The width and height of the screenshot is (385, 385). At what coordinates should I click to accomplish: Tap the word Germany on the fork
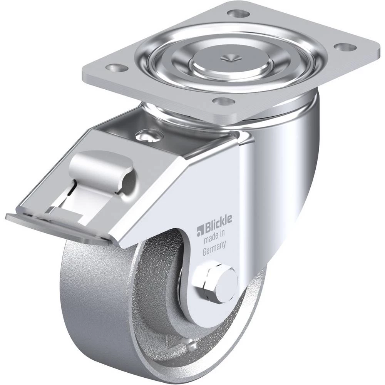click(214, 251)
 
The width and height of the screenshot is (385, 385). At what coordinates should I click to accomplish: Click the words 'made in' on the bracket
click(214, 237)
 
